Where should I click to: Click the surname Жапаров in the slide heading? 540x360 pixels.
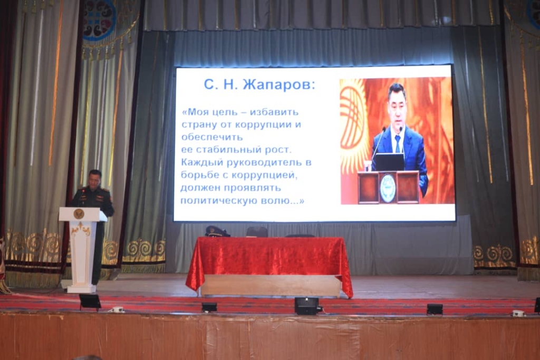(x=278, y=84)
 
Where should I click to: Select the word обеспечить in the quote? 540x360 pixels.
(x=212, y=137)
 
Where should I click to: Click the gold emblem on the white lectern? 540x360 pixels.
(x=79, y=213)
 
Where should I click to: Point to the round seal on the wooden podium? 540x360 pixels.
(x=388, y=188)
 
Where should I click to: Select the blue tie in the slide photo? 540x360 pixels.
(x=398, y=143)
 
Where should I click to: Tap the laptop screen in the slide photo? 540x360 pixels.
(x=390, y=162)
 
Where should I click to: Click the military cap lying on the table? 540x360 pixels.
(x=217, y=231)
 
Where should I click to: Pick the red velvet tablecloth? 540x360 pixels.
(x=269, y=262)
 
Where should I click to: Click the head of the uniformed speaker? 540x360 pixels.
(x=95, y=178)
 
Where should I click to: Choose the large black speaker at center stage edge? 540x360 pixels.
(x=306, y=306)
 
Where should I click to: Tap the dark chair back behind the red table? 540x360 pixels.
(x=257, y=232)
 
